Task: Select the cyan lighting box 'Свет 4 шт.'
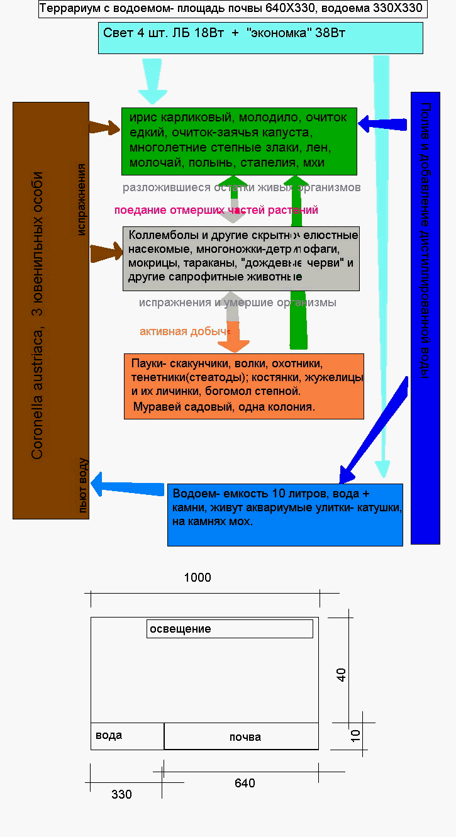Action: click(260, 38)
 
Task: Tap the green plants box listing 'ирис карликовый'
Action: click(239, 141)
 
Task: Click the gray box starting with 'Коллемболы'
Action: click(241, 258)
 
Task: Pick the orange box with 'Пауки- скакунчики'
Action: click(244, 386)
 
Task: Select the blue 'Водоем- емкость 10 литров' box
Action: click(285, 514)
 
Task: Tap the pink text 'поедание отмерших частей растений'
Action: click(216, 210)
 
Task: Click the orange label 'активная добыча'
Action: click(184, 331)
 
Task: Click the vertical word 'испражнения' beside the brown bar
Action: click(82, 199)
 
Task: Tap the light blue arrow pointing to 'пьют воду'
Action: click(128, 486)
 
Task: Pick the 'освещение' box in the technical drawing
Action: click(230, 629)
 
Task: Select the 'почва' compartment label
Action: click(245, 737)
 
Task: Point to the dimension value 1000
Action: click(197, 578)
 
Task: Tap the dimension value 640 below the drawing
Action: click(245, 783)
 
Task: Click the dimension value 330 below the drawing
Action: click(121, 794)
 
